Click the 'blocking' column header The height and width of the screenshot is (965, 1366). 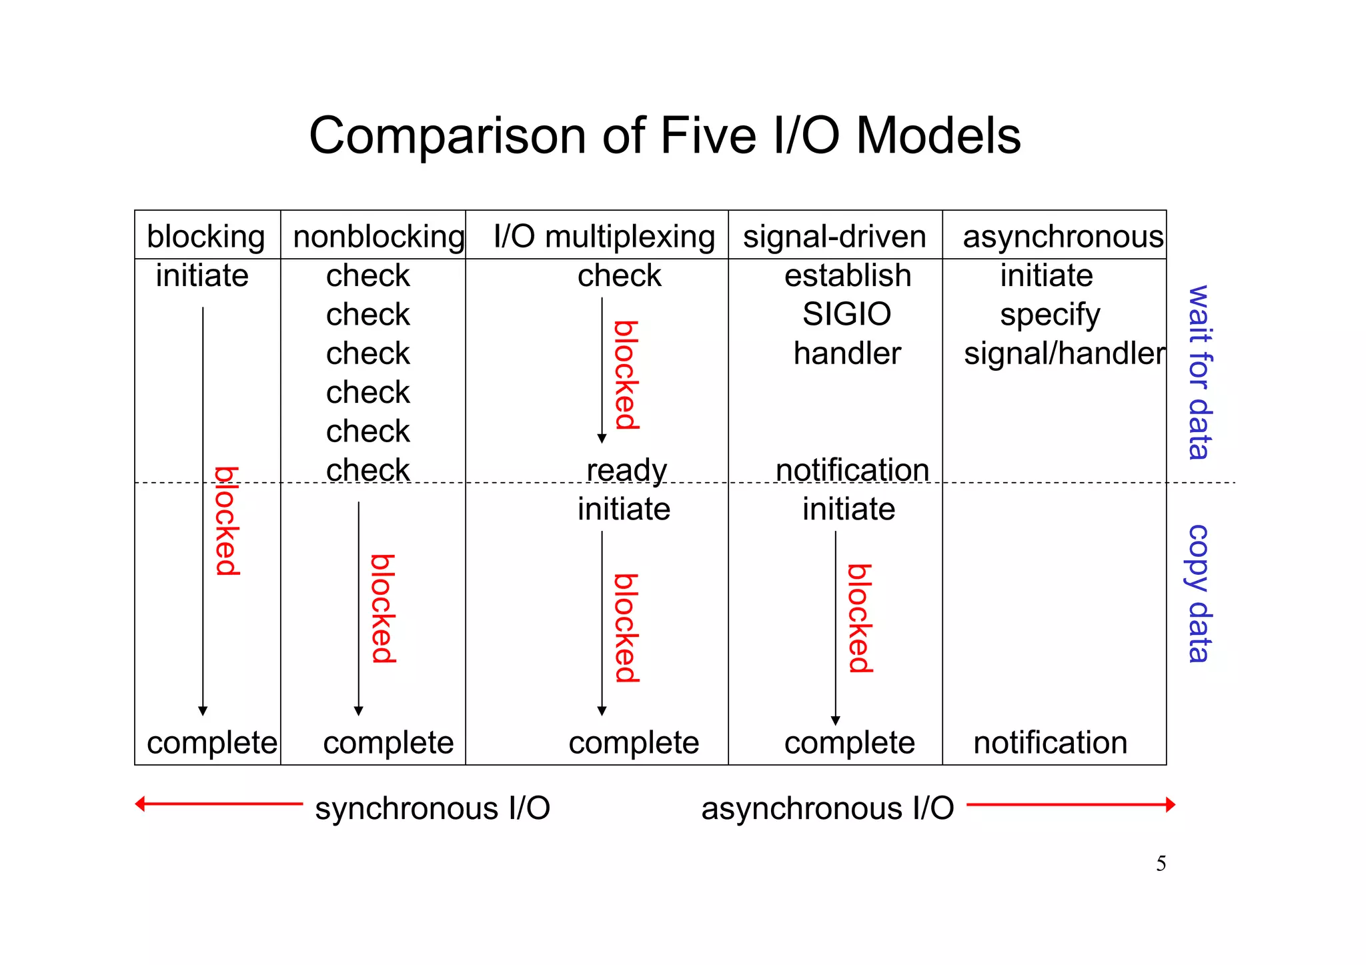(206, 237)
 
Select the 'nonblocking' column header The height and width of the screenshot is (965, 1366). (378, 237)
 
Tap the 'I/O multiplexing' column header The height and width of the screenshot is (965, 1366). (604, 237)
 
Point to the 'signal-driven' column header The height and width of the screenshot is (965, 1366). (834, 237)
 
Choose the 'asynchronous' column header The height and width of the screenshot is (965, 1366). (1063, 237)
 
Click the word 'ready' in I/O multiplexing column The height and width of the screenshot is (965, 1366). (626, 470)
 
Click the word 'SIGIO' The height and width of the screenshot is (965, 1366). (846, 314)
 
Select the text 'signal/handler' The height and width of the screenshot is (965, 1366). (1064, 353)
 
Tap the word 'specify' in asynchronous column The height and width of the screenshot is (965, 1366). (1049, 315)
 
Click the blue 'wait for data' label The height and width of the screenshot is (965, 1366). (1199, 372)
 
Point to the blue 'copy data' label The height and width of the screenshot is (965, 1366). (1199, 593)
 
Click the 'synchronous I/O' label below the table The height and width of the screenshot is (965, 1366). (432, 808)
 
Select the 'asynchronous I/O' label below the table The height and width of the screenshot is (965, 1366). (827, 808)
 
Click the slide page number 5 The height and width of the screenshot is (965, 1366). (1161, 864)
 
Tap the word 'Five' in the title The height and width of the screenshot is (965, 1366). (709, 135)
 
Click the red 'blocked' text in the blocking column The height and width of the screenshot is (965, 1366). (227, 521)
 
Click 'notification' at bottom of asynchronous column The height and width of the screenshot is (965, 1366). (1050, 742)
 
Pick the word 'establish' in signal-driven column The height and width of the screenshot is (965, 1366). (847, 275)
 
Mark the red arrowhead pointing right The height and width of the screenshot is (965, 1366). (1170, 804)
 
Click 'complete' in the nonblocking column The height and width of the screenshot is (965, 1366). (388, 742)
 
